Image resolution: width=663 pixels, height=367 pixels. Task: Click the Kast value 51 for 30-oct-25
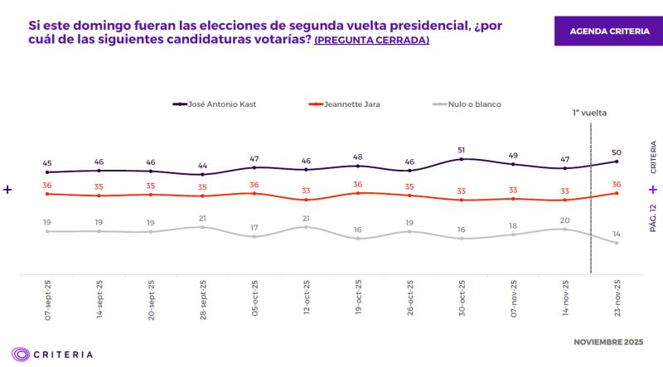pos(462,150)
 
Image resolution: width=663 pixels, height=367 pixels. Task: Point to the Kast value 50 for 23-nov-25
pos(617,152)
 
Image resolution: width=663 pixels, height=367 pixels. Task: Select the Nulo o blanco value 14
pos(617,234)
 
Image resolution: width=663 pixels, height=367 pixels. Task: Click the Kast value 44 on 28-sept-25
pos(202,166)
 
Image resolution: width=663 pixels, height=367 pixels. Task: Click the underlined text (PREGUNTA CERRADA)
pos(371,40)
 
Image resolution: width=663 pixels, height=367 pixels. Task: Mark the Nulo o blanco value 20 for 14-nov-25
pos(565,220)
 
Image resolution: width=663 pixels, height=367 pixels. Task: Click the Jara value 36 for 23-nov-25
pos(617,184)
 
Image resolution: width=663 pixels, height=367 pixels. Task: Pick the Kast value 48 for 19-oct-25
pos(358,157)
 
